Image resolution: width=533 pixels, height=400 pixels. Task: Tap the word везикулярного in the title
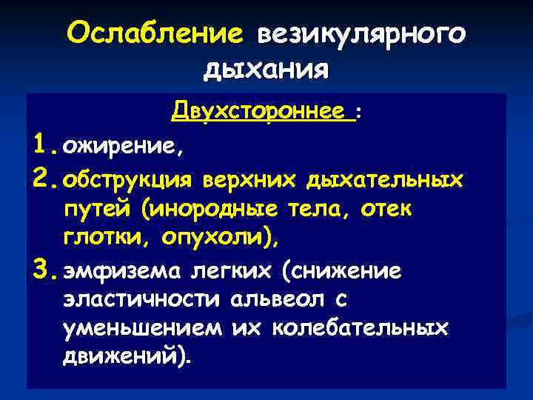[361, 34]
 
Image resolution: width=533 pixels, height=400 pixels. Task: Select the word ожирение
[122, 147]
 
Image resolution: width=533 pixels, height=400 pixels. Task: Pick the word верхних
[247, 180]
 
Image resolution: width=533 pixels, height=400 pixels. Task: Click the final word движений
[126, 357]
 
